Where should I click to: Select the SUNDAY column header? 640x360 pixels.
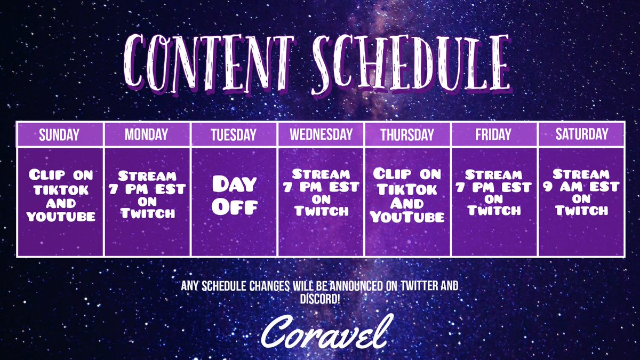pos(60,134)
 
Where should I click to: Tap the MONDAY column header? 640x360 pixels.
pos(147,134)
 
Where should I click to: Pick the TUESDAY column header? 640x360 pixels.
pos(233,134)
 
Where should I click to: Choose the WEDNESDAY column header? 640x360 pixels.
pos(321,134)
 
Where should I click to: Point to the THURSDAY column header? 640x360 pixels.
pos(407,134)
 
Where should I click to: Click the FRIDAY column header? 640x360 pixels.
pos(493,134)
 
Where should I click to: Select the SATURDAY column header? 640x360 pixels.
pos(581,134)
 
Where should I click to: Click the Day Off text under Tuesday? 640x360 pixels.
pos(234,195)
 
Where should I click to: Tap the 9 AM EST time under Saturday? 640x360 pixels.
pos(581,187)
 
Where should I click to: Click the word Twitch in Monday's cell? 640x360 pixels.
pos(147,213)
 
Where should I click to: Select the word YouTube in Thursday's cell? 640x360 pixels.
pos(407,217)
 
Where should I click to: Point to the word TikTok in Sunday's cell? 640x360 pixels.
pos(60,189)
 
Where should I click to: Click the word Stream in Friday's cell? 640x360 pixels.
pos(493,175)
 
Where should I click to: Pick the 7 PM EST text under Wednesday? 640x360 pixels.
pos(321,187)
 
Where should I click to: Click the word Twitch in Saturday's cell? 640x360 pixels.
pos(581,211)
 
